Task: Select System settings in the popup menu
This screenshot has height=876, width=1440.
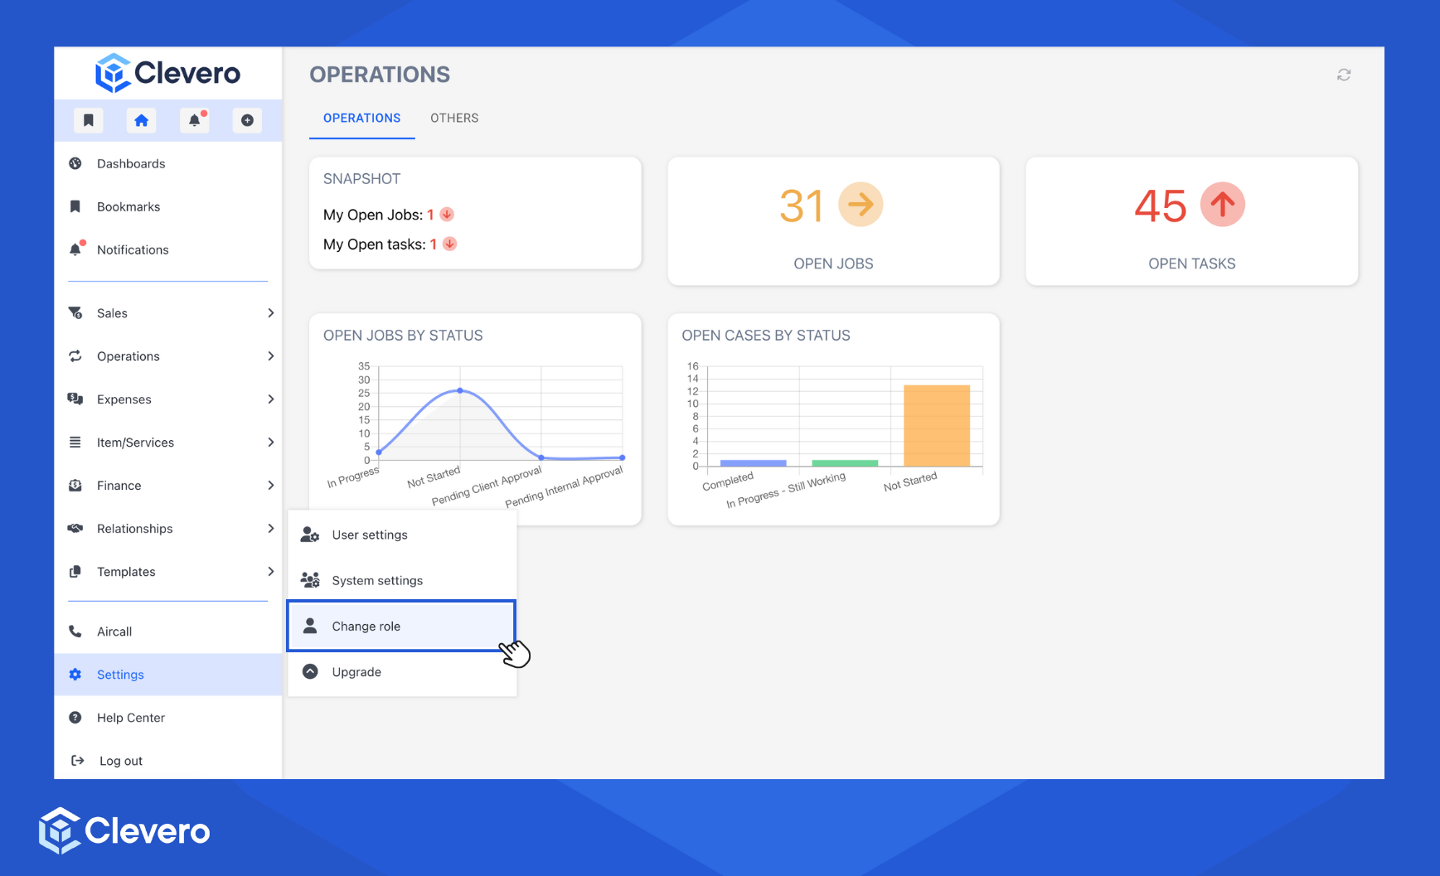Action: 377,580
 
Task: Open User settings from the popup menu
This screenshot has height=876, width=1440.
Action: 370,535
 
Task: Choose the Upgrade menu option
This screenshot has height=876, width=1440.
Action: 356,671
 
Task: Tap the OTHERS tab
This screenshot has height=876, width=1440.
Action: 454,118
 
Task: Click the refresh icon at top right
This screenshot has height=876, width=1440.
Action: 1344,75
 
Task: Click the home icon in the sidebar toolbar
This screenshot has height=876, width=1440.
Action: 142,120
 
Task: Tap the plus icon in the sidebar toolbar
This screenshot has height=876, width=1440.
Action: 247,120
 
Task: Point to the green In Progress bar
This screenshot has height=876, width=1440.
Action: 845,462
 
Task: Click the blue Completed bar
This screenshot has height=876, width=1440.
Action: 753,462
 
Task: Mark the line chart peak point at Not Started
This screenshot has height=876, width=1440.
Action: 460,390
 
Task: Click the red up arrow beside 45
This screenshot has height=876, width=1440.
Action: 1223,204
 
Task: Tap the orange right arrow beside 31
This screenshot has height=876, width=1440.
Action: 861,204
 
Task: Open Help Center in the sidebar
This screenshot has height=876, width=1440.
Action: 130,718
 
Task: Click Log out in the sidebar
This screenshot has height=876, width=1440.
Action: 120,761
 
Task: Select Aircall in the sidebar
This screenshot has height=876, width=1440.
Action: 114,632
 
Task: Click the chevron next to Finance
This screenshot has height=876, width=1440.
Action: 270,486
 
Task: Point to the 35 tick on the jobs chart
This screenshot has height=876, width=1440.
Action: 364,366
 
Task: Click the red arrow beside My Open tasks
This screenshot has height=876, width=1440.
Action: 449,244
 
